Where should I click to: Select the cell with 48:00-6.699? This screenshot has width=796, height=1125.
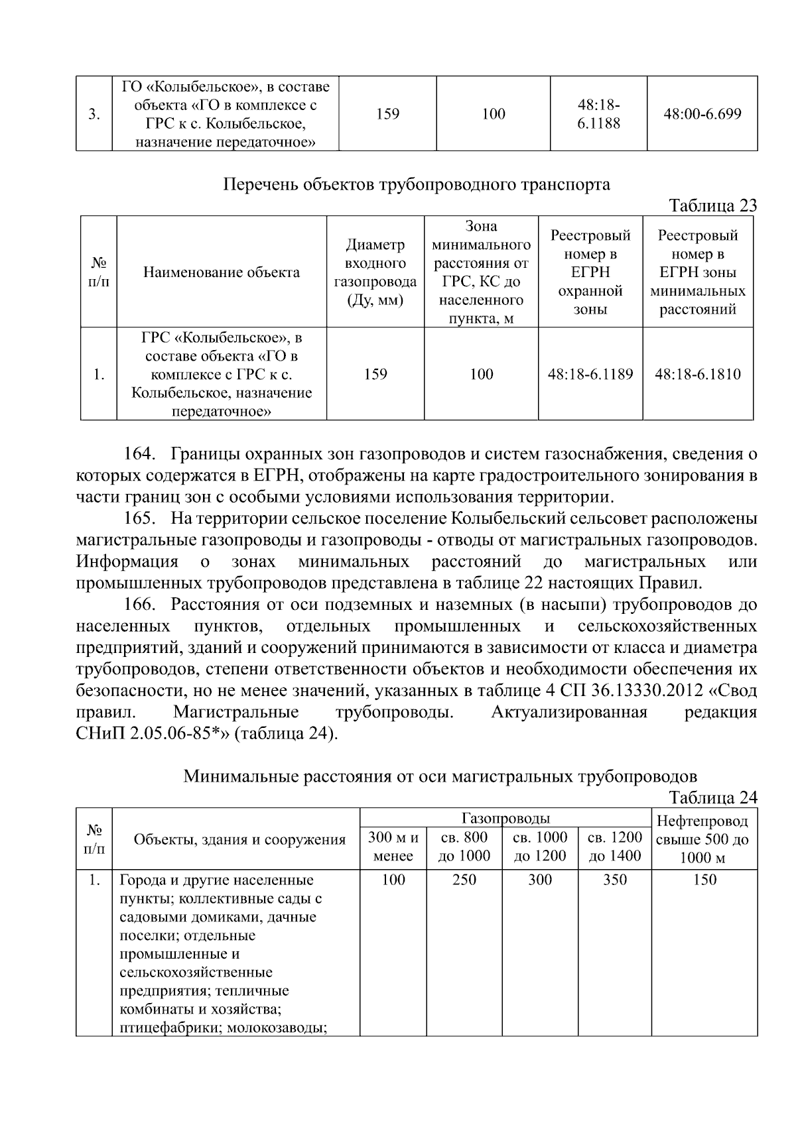click(702, 113)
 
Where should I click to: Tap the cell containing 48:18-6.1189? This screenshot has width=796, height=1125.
click(590, 374)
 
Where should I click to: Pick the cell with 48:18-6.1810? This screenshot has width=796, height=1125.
click(698, 374)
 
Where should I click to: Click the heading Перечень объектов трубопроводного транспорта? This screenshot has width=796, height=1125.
click(416, 184)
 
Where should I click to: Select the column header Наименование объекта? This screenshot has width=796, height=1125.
click(222, 272)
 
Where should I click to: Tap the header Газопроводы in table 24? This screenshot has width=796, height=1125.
click(505, 818)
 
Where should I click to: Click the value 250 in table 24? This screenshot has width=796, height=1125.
click(464, 880)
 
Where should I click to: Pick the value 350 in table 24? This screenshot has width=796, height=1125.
click(615, 880)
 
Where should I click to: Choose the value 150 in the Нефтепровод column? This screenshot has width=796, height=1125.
click(704, 880)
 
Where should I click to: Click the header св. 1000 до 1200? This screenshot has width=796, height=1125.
click(540, 847)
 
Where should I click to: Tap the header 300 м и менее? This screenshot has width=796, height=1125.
click(393, 847)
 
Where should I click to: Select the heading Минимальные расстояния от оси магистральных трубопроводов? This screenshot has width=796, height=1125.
click(440, 776)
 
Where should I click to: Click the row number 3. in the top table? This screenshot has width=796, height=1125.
click(94, 114)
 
